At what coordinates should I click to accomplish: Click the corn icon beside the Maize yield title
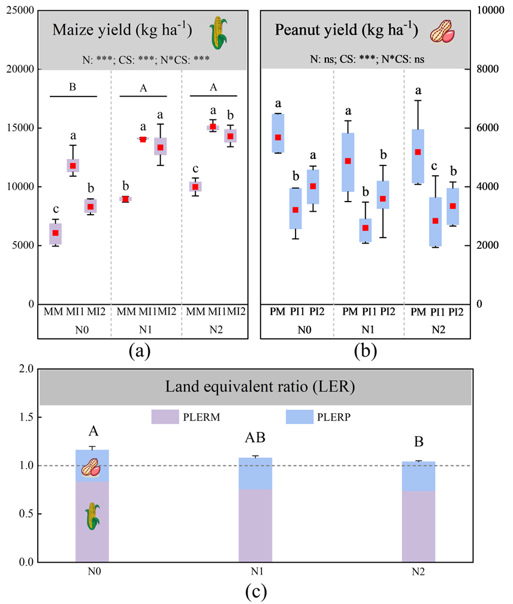pos(219,33)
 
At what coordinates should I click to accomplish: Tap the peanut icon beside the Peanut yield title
pos(443,32)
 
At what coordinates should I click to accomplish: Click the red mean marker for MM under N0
pos(55,233)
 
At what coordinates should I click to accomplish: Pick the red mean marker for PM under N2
pos(418,152)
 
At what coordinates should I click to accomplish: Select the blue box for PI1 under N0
pos(295,209)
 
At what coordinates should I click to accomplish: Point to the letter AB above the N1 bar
pos(255,437)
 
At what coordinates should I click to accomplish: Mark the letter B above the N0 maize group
pos(73,87)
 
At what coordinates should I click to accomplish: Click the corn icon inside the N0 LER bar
pos(91,516)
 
